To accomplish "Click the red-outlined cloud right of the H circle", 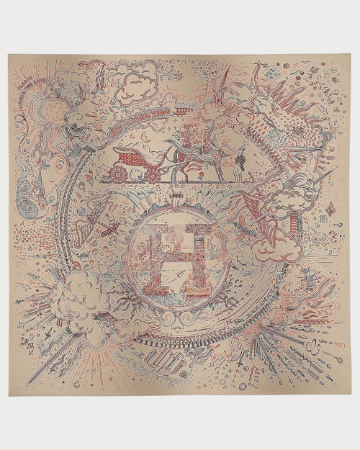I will pyautogui.click(x=277, y=245).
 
